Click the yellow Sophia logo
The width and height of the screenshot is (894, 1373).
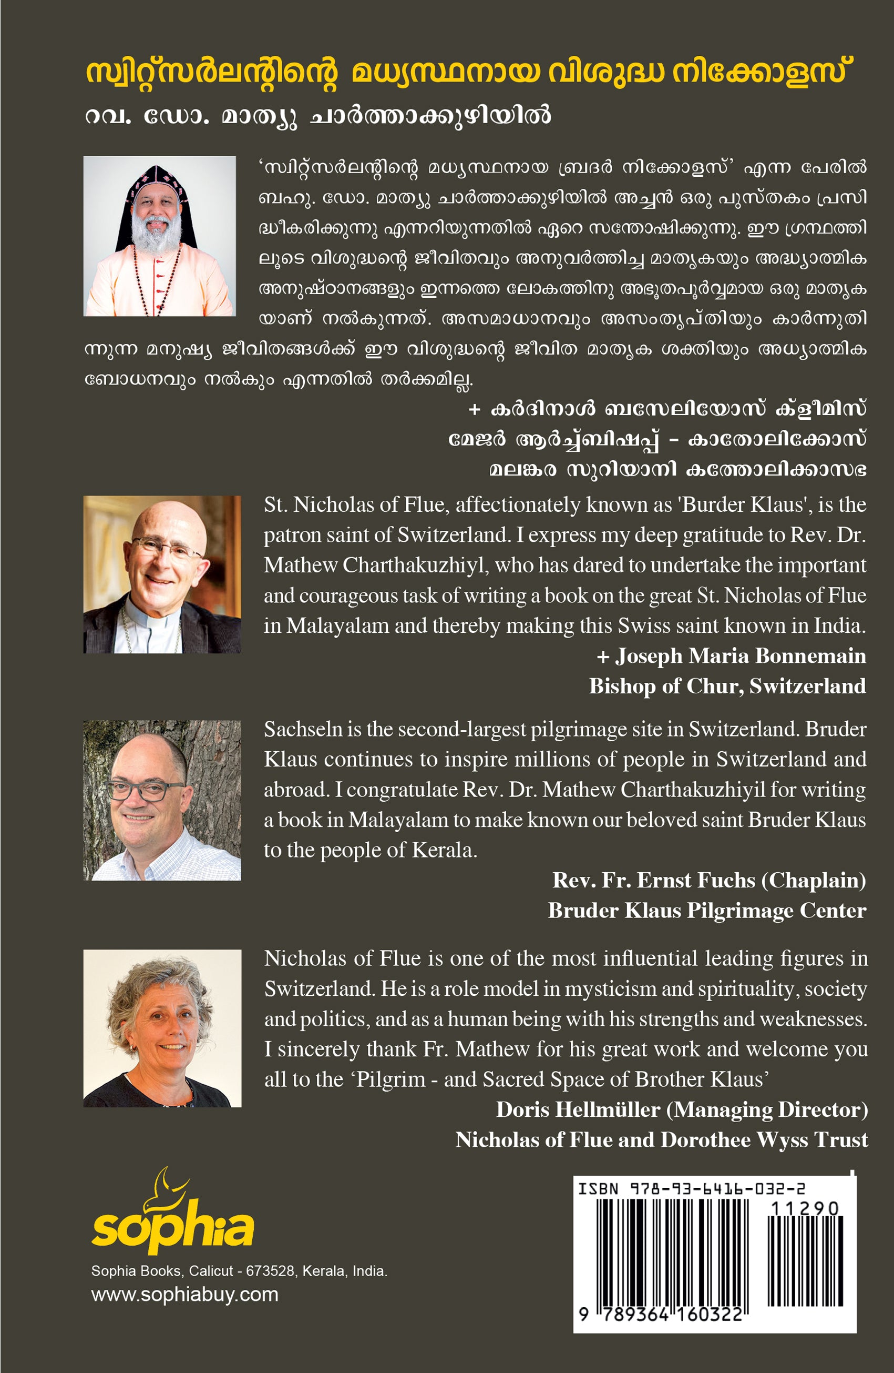[172, 1218]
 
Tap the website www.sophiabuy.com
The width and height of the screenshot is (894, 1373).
[184, 1295]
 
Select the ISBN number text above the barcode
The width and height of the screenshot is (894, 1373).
[692, 1188]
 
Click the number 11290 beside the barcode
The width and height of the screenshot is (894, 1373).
[805, 1208]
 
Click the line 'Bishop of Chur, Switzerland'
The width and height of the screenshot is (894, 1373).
[727, 686]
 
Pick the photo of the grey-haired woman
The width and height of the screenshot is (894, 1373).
[162, 1028]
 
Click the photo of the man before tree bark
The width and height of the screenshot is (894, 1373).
[162, 800]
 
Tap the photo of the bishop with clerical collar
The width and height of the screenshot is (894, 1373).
[162, 574]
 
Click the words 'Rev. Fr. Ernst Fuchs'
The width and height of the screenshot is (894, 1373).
[654, 880]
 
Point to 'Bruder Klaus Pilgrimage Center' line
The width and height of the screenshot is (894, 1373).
[707, 910]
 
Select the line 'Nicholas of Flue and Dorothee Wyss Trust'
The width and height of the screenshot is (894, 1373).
[662, 1139]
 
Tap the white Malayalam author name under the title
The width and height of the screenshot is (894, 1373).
[318, 116]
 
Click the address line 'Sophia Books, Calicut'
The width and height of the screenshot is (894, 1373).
[239, 1271]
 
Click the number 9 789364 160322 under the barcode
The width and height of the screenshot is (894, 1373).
[661, 1315]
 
